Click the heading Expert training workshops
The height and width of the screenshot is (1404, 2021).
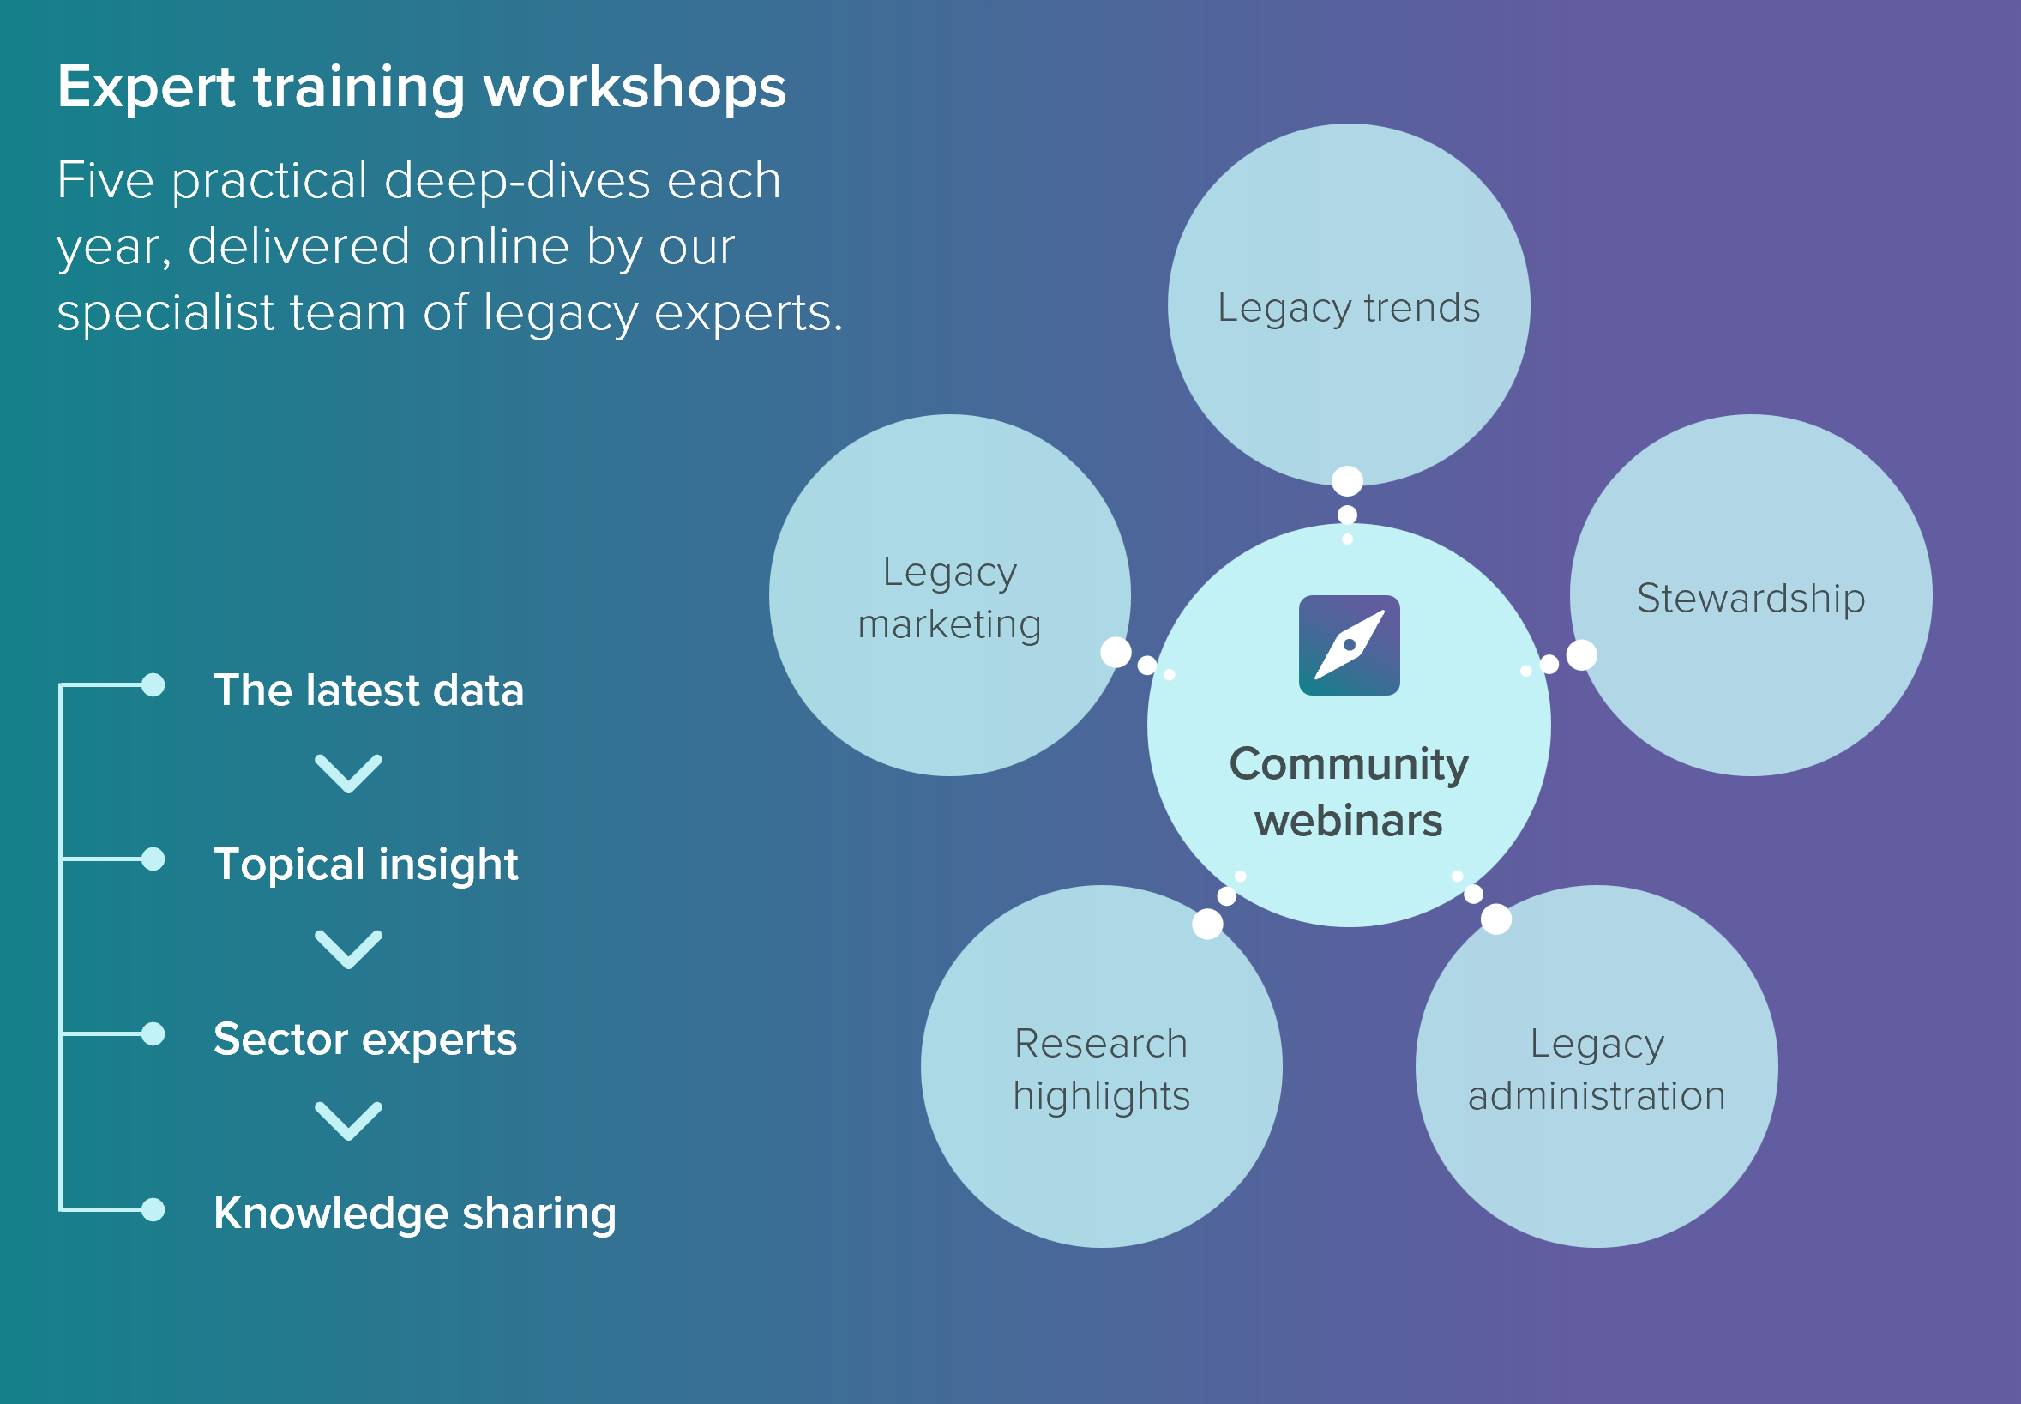click(421, 88)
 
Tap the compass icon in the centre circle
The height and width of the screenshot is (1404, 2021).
click(1349, 646)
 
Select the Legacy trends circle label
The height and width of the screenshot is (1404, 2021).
click(1348, 308)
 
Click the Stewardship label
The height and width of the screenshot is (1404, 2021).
click(1750, 598)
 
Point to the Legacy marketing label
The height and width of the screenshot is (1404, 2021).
click(950, 598)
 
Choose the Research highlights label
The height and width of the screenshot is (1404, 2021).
click(1101, 1069)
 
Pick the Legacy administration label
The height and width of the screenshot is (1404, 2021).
click(1597, 1069)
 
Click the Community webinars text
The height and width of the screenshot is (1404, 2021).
click(1348, 792)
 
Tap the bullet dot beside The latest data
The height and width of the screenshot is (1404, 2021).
click(153, 684)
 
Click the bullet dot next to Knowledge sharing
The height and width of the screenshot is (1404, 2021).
click(153, 1209)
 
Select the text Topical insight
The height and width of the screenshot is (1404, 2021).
click(366, 864)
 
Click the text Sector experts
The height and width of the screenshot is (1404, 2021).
click(365, 1039)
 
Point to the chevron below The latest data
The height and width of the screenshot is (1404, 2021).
click(348, 774)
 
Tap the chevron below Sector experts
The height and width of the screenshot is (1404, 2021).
click(348, 1121)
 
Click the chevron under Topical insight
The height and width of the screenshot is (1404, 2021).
click(348, 949)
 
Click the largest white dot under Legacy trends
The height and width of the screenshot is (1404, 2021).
click(1347, 481)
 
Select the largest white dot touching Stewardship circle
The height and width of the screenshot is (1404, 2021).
click(1581, 654)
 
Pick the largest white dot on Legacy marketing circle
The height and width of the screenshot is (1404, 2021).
click(1116, 652)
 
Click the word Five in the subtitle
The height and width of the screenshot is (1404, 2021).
click(105, 181)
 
